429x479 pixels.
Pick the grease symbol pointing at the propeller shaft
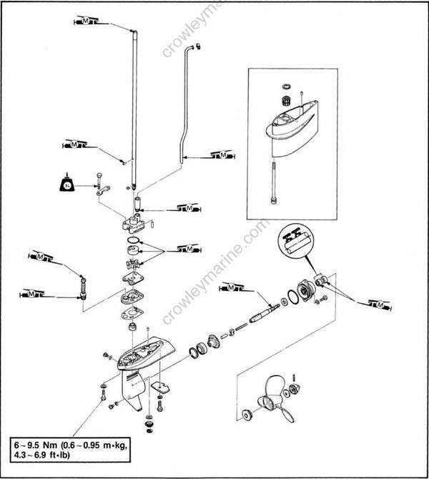pos(238,288)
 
